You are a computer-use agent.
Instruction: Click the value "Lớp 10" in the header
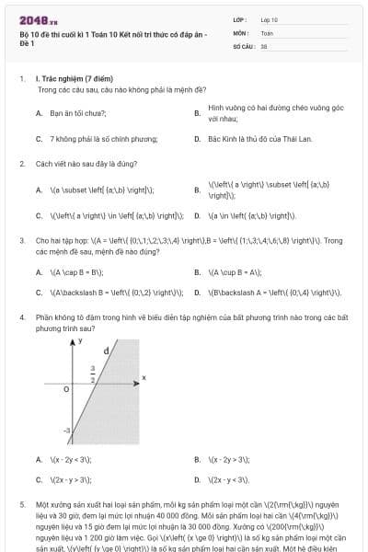(269, 18)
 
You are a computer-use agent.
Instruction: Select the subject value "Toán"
(267, 31)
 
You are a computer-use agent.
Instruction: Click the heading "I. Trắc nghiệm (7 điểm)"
(69, 79)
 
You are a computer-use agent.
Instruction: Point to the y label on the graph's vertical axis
(80, 340)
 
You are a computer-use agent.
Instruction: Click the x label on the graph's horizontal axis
(144, 377)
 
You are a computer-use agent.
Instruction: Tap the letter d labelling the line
(107, 351)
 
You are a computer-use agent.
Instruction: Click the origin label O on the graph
(66, 389)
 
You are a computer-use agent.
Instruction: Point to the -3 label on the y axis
(67, 430)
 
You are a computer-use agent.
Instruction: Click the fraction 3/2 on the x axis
(94, 372)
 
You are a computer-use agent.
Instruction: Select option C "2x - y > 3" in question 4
(70, 479)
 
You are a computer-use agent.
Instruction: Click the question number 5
(21, 505)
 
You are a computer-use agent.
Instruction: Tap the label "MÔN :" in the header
(242, 31)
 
